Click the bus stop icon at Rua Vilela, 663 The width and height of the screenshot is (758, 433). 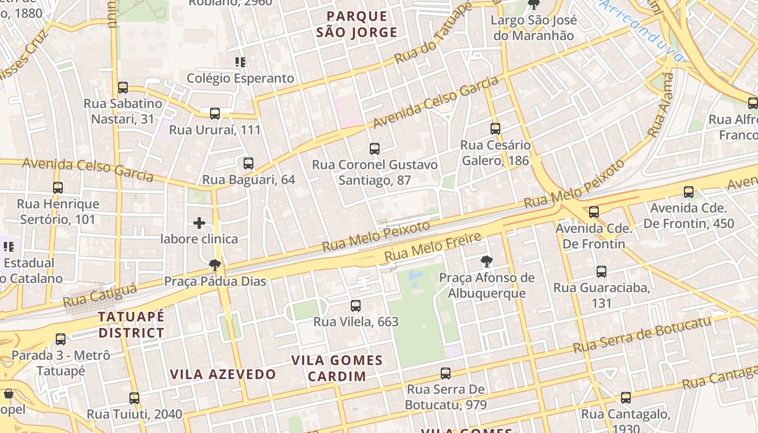[x=356, y=306]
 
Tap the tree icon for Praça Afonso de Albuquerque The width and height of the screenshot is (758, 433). [x=486, y=262]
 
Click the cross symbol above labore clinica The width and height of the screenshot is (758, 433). [x=199, y=222]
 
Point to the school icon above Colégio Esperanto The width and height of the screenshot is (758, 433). [x=240, y=62]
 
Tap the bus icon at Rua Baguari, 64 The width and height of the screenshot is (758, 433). [x=249, y=163]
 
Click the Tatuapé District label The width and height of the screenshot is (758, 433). [x=131, y=324]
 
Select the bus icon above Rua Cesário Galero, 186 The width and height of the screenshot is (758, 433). [x=495, y=129]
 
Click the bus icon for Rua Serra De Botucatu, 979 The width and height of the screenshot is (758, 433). [x=445, y=373]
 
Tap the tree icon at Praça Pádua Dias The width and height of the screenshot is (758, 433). [x=215, y=265]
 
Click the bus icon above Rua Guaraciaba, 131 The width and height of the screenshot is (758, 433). [x=601, y=272]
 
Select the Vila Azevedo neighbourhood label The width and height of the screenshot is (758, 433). [x=223, y=374]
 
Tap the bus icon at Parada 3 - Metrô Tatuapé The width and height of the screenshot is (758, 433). [x=61, y=339]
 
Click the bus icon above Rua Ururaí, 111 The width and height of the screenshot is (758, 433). [x=215, y=114]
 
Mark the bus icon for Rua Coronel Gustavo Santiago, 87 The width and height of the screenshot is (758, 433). [x=374, y=149]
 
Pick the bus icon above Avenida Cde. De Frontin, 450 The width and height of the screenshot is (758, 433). [x=688, y=192]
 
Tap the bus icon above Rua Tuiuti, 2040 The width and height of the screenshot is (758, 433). [x=134, y=398]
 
